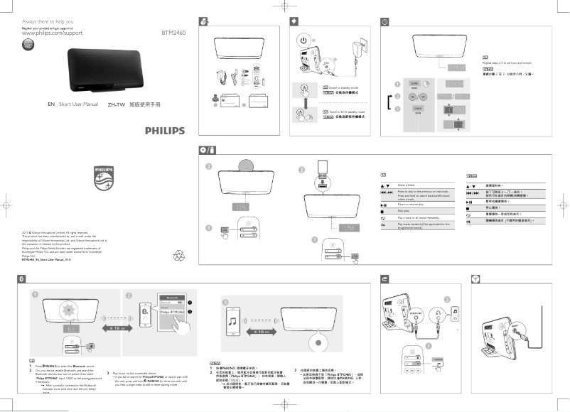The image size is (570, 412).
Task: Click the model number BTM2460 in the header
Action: click(x=174, y=33)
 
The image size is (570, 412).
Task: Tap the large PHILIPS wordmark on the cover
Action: click(x=164, y=131)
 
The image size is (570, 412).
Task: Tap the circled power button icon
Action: click(x=303, y=41)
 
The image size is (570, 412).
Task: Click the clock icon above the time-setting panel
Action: click(x=385, y=22)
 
